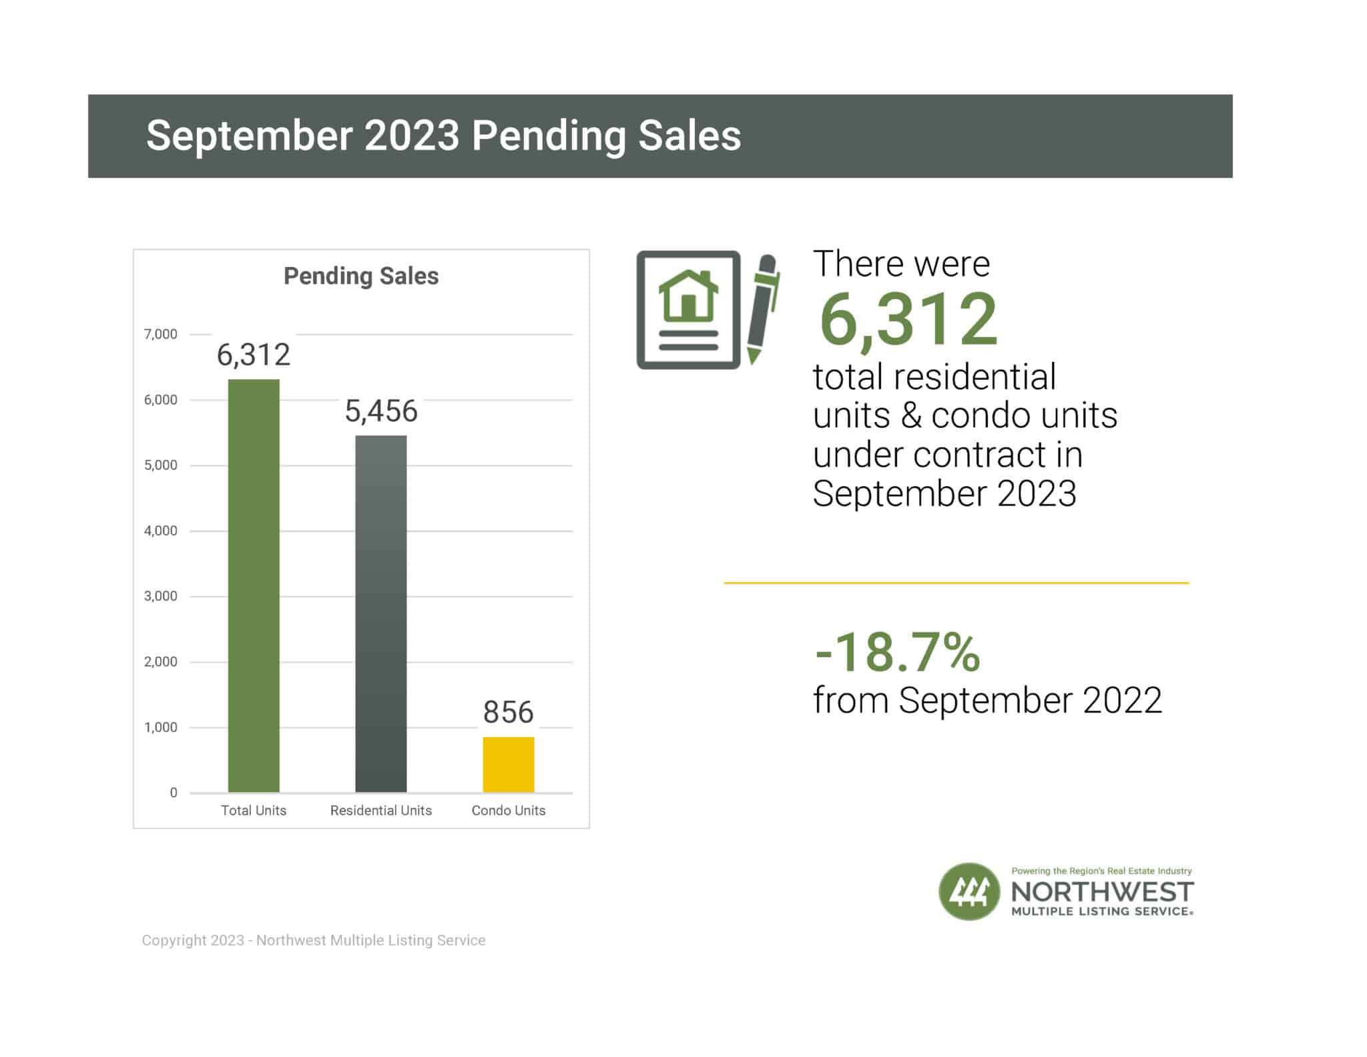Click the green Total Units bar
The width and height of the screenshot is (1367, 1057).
pyautogui.click(x=254, y=586)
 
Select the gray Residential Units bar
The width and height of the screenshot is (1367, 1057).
pyautogui.click(x=380, y=614)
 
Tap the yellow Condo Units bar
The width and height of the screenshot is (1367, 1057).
pyautogui.click(x=508, y=765)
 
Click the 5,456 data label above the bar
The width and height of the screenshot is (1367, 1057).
pyautogui.click(x=381, y=411)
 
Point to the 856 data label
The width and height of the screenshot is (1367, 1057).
pyautogui.click(x=508, y=712)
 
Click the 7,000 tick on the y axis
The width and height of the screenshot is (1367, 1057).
pyautogui.click(x=161, y=334)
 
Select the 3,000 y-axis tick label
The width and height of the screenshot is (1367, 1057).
pyautogui.click(x=161, y=596)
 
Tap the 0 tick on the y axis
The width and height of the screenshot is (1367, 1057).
pyautogui.click(x=174, y=793)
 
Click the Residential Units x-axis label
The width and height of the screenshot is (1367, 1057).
pyautogui.click(x=380, y=810)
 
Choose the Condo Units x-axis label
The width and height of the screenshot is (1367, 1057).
pyautogui.click(x=508, y=810)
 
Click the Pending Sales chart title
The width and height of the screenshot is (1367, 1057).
pyautogui.click(x=361, y=276)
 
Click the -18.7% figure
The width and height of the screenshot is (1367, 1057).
pyautogui.click(x=897, y=652)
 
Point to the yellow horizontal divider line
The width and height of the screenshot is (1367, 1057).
pyautogui.click(x=956, y=583)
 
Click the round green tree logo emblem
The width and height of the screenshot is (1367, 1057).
pyautogui.click(x=969, y=891)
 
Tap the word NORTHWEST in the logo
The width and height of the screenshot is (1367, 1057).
pyautogui.click(x=1102, y=892)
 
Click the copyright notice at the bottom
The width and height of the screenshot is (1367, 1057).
pyautogui.click(x=314, y=940)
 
